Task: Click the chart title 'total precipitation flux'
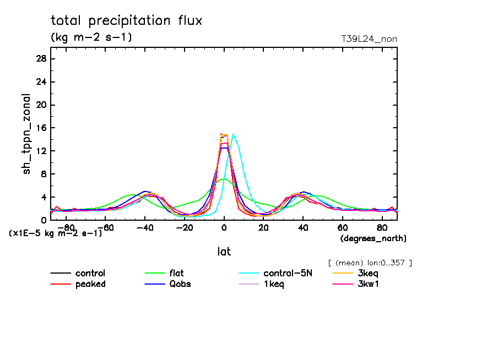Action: tap(127, 21)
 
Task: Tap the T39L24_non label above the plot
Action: tap(369, 39)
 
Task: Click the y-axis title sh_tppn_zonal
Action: tap(27, 134)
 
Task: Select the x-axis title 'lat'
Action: tap(224, 252)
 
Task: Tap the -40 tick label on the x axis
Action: tap(144, 227)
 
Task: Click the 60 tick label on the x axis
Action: tap(342, 227)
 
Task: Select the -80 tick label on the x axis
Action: tap(65, 227)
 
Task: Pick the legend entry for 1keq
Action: tap(274, 284)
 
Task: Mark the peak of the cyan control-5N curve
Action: tap(234, 134)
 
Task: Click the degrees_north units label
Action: tap(373, 238)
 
